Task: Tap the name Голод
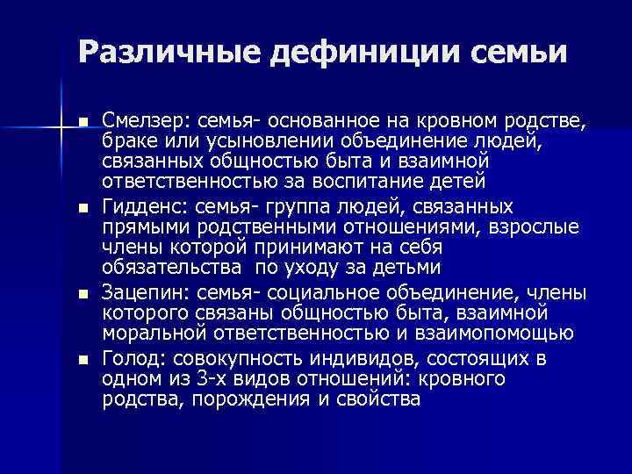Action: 133,358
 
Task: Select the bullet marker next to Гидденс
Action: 83,209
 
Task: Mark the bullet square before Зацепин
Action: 83,293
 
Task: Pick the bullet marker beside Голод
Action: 83,359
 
